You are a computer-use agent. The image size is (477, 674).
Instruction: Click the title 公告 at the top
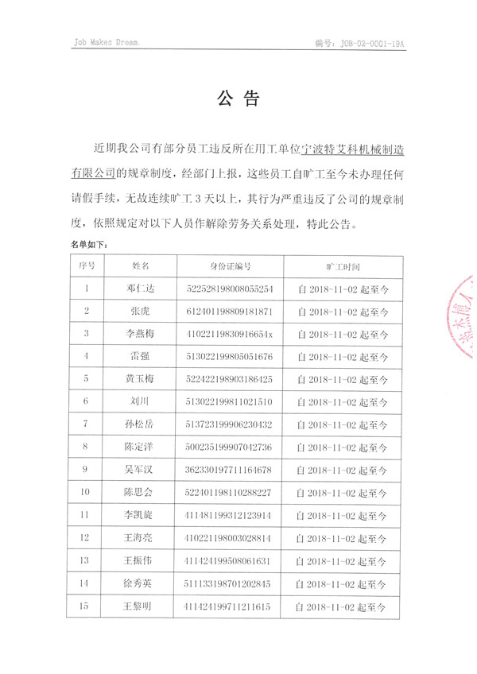(238, 99)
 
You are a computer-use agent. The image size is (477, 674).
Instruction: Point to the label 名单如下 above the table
(88, 247)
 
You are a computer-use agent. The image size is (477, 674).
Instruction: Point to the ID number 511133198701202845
(230, 584)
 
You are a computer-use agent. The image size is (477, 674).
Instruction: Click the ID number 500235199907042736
(230, 447)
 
